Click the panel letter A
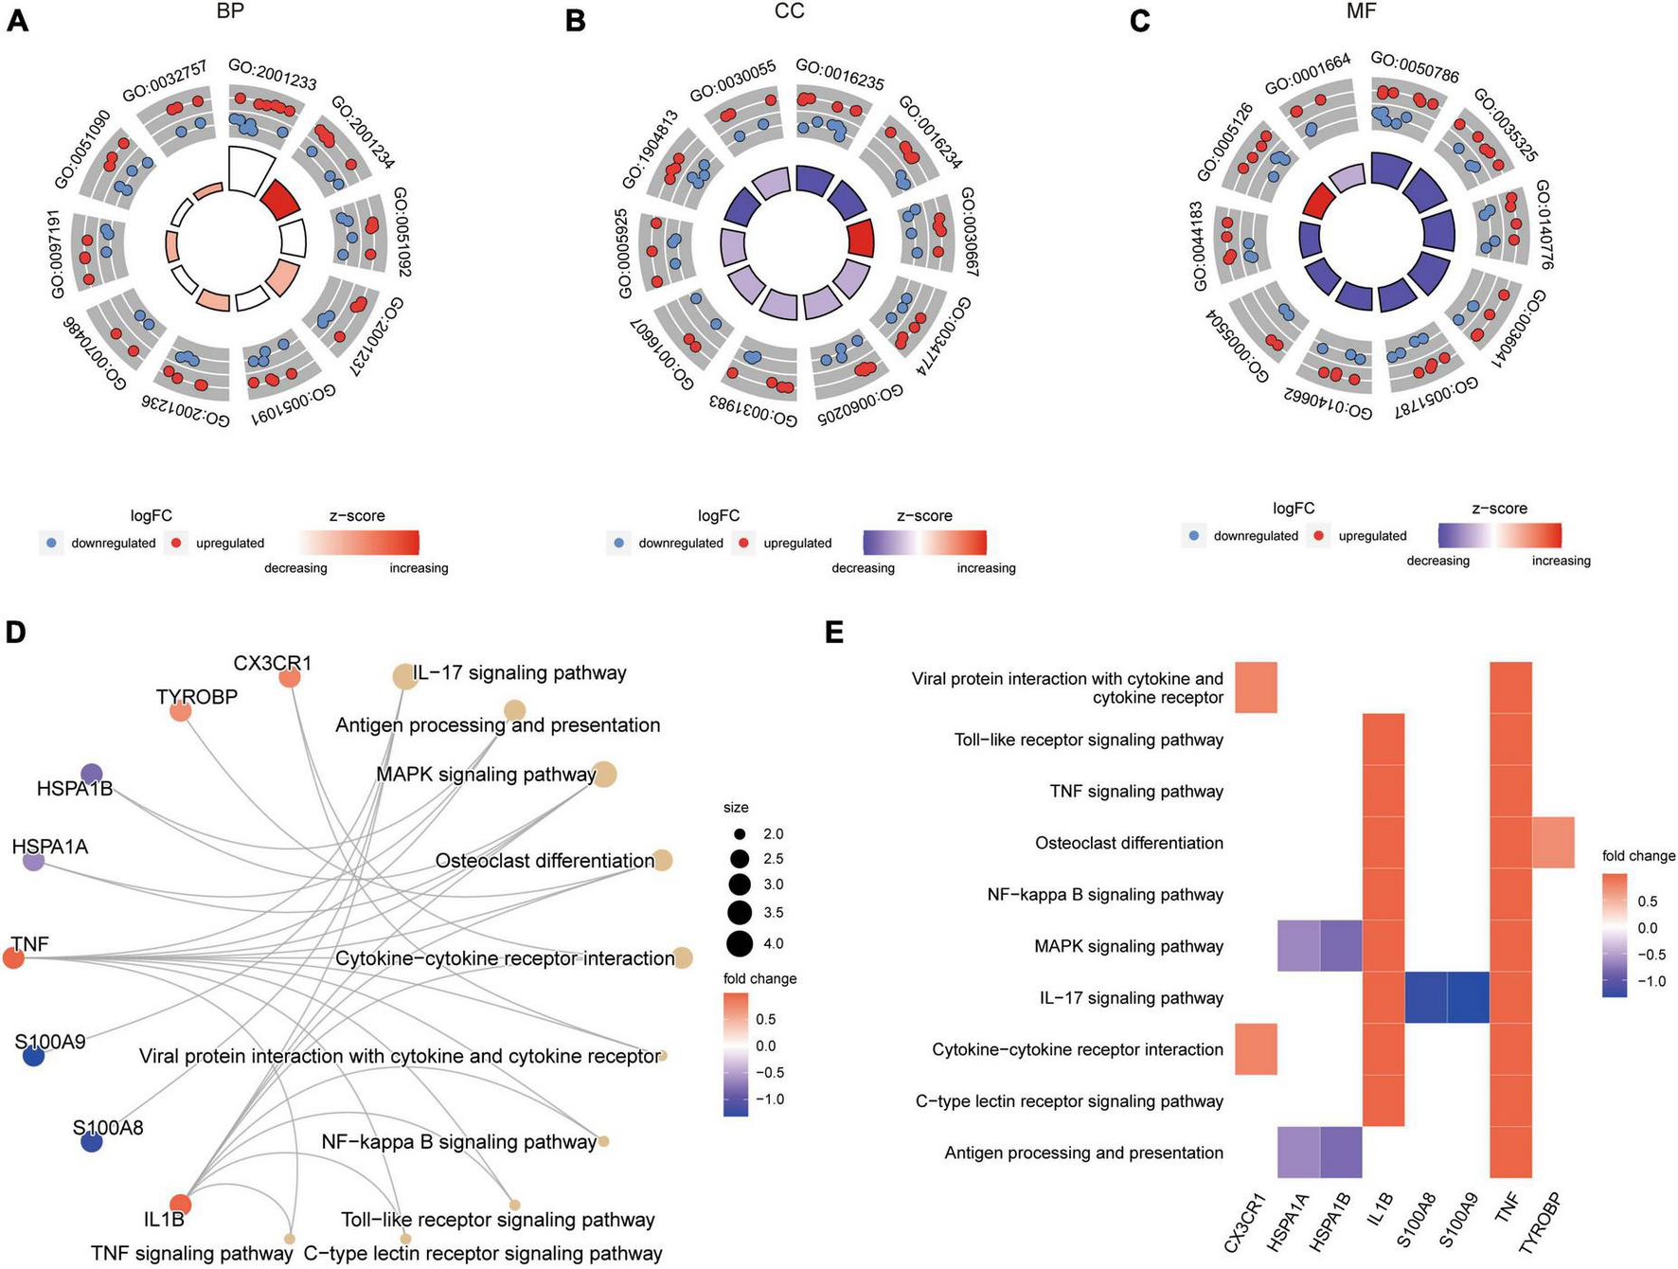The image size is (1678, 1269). [17, 20]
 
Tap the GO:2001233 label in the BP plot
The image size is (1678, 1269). [273, 75]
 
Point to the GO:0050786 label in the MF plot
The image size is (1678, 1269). [1415, 67]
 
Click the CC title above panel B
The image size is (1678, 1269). [789, 11]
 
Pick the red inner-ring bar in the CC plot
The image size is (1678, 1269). [861, 238]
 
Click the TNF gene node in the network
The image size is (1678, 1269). [13, 958]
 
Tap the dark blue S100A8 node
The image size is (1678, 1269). [91, 1142]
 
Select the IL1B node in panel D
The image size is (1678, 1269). [180, 1205]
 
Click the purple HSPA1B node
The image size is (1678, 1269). [91, 774]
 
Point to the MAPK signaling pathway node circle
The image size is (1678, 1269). [604, 775]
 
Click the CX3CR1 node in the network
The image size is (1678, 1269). [291, 678]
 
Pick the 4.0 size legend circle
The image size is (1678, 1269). [740, 943]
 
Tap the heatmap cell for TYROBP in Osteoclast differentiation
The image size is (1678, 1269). [1553, 842]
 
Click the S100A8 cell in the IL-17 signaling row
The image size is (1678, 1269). [1425, 997]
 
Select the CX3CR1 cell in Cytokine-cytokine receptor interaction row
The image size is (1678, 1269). [1256, 1049]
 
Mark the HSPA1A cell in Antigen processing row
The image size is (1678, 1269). [1298, 1153]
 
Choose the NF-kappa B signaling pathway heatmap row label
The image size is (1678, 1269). [1105, 894]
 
